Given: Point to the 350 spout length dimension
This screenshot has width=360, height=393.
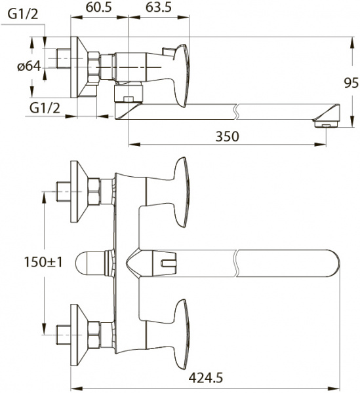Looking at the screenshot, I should pyautogui.click(x=226, y=136).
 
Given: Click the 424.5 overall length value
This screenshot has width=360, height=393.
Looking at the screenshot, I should pyautogui.click(x=205, y=377).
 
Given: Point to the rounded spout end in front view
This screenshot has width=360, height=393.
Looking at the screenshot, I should pyautogui.click(x=331, y=264).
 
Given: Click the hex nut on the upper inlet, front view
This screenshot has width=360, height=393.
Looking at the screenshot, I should pyautogui.click(x=94, y=193).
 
